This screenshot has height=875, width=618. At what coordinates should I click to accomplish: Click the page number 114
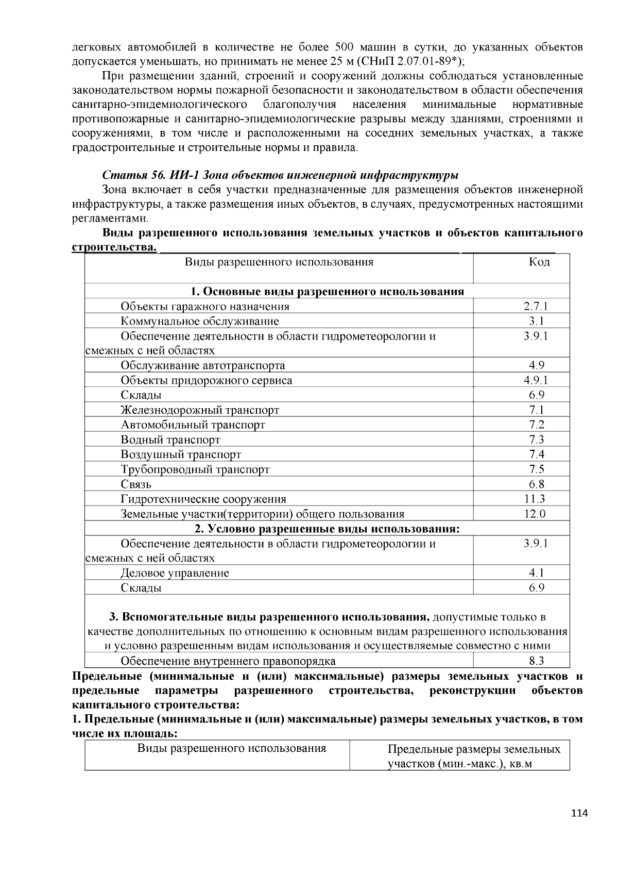pyautogui.click(x=579, y=814)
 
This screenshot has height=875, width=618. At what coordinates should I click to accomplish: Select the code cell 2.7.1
pyautogui.click(x=536, y=307)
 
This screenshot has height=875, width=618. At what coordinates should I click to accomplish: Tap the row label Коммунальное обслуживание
pyautogui.click(x=200, y=322)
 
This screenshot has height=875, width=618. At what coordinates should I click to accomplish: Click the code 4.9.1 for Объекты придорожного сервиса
pyautogui.click(x=536, y=381)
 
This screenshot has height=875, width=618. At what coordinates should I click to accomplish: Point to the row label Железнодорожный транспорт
pyautogui.click(x=200, y=411)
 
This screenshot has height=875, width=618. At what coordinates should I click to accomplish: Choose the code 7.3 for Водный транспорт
pyautogui.click(x=536, y=440)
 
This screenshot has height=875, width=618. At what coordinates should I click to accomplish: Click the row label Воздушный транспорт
pyautogui.click(x=181, y=455)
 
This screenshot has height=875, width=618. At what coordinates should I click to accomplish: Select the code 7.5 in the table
pyautogui.click(x=536, y=469)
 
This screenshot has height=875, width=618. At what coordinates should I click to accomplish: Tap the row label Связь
pyautogui.click(x=136, y=484)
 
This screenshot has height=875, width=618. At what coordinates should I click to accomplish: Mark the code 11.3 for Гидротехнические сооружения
pyautogui.click(x=535, y=499)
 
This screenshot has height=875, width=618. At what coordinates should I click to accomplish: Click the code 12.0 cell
pyautogui.click(x=535, y=514)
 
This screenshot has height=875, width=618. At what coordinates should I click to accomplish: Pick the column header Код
pyautogui.click(x=539, y=262)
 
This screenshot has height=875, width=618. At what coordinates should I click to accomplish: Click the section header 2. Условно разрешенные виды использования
pyautogui.click(x=327, y=529)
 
